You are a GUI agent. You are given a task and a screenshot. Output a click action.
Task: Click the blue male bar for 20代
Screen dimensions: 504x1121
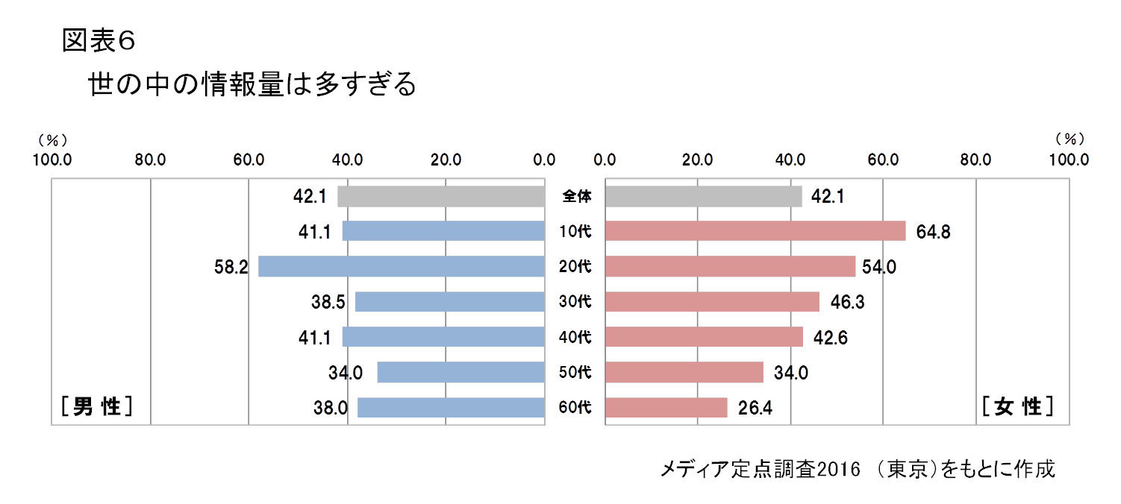pos(402,266)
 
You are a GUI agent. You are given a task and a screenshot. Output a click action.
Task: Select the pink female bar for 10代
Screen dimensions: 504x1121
pos(755,231)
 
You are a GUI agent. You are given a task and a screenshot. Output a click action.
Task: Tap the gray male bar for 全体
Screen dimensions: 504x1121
pos(441,196)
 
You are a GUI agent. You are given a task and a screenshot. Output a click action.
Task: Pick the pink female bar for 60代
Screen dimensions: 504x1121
pos(666,407)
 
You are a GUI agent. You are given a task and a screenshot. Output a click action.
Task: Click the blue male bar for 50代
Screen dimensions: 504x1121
pos(460,371)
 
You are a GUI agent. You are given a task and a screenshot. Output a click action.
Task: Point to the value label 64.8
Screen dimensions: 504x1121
pos(933,232)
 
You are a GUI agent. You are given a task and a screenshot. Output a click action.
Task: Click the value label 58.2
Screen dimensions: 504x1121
pos(231,267)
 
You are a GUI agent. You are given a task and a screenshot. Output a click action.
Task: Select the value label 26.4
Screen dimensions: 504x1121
pos(755,408)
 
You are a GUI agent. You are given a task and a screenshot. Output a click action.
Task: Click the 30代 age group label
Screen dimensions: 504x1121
pos(575,302)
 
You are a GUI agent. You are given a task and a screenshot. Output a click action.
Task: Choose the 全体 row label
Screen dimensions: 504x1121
pos(575,197)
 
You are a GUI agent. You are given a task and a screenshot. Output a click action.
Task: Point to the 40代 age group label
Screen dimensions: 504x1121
pos(575,337)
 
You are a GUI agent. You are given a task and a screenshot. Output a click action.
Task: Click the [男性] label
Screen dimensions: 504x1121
pos(98,406)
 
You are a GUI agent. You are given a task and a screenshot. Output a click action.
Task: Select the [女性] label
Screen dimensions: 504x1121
pos(1018,406)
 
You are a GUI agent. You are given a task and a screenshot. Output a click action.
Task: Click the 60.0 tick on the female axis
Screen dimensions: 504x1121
pos(883,160)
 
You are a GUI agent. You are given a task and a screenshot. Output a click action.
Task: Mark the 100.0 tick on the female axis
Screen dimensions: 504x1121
pos(1068,160)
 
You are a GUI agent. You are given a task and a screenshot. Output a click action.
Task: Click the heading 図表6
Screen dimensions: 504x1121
pos(98,42)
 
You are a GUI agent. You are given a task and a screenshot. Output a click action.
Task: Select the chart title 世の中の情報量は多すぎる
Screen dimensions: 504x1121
pos(251,85)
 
